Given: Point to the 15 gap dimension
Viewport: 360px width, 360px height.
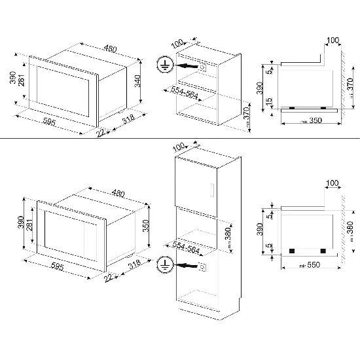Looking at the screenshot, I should point(268,103).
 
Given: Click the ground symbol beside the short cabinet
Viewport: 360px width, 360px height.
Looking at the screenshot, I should point(163,64).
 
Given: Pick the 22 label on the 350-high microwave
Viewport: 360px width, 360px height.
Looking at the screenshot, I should point(108,279).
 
